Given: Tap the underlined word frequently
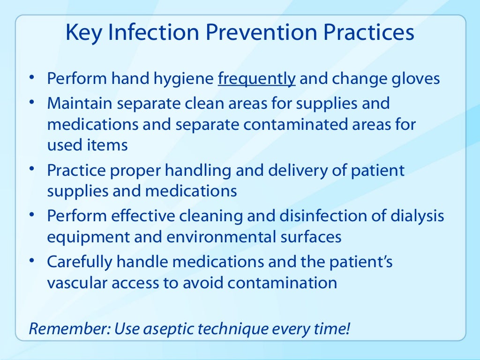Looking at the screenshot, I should [x=257, y=79].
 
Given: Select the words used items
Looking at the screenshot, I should [x=87, y=145].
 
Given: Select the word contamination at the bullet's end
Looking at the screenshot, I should [x=287, y=283].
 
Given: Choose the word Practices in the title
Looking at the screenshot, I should [x=363, y=33].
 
